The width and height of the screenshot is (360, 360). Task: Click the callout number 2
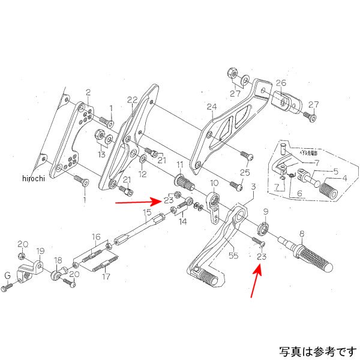pyautogui.click(x=88, y=92)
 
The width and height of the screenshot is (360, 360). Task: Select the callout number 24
pyautogui.click(x=211, y=107)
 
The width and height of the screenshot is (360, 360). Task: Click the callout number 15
pyautogui.click(x=147, y=212)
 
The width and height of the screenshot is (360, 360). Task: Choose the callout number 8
pyautogui.click(x=302, y=233)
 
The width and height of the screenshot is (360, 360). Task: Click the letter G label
pyautogui.click(x=8, y=275)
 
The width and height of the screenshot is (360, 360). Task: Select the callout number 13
pyautogui.click(x=103, y=154)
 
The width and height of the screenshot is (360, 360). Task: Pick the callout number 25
pyautogui.click(x=244, y=173)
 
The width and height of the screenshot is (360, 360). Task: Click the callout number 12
pyautogui.click(x=142, y=175)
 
